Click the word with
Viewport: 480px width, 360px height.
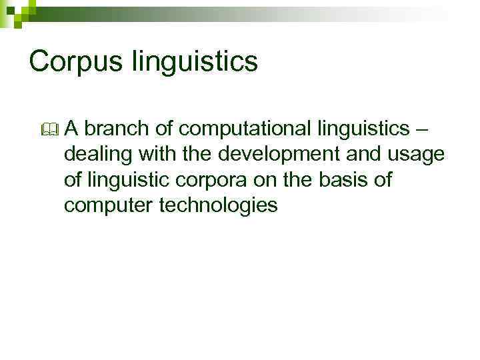coord(155,154)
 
